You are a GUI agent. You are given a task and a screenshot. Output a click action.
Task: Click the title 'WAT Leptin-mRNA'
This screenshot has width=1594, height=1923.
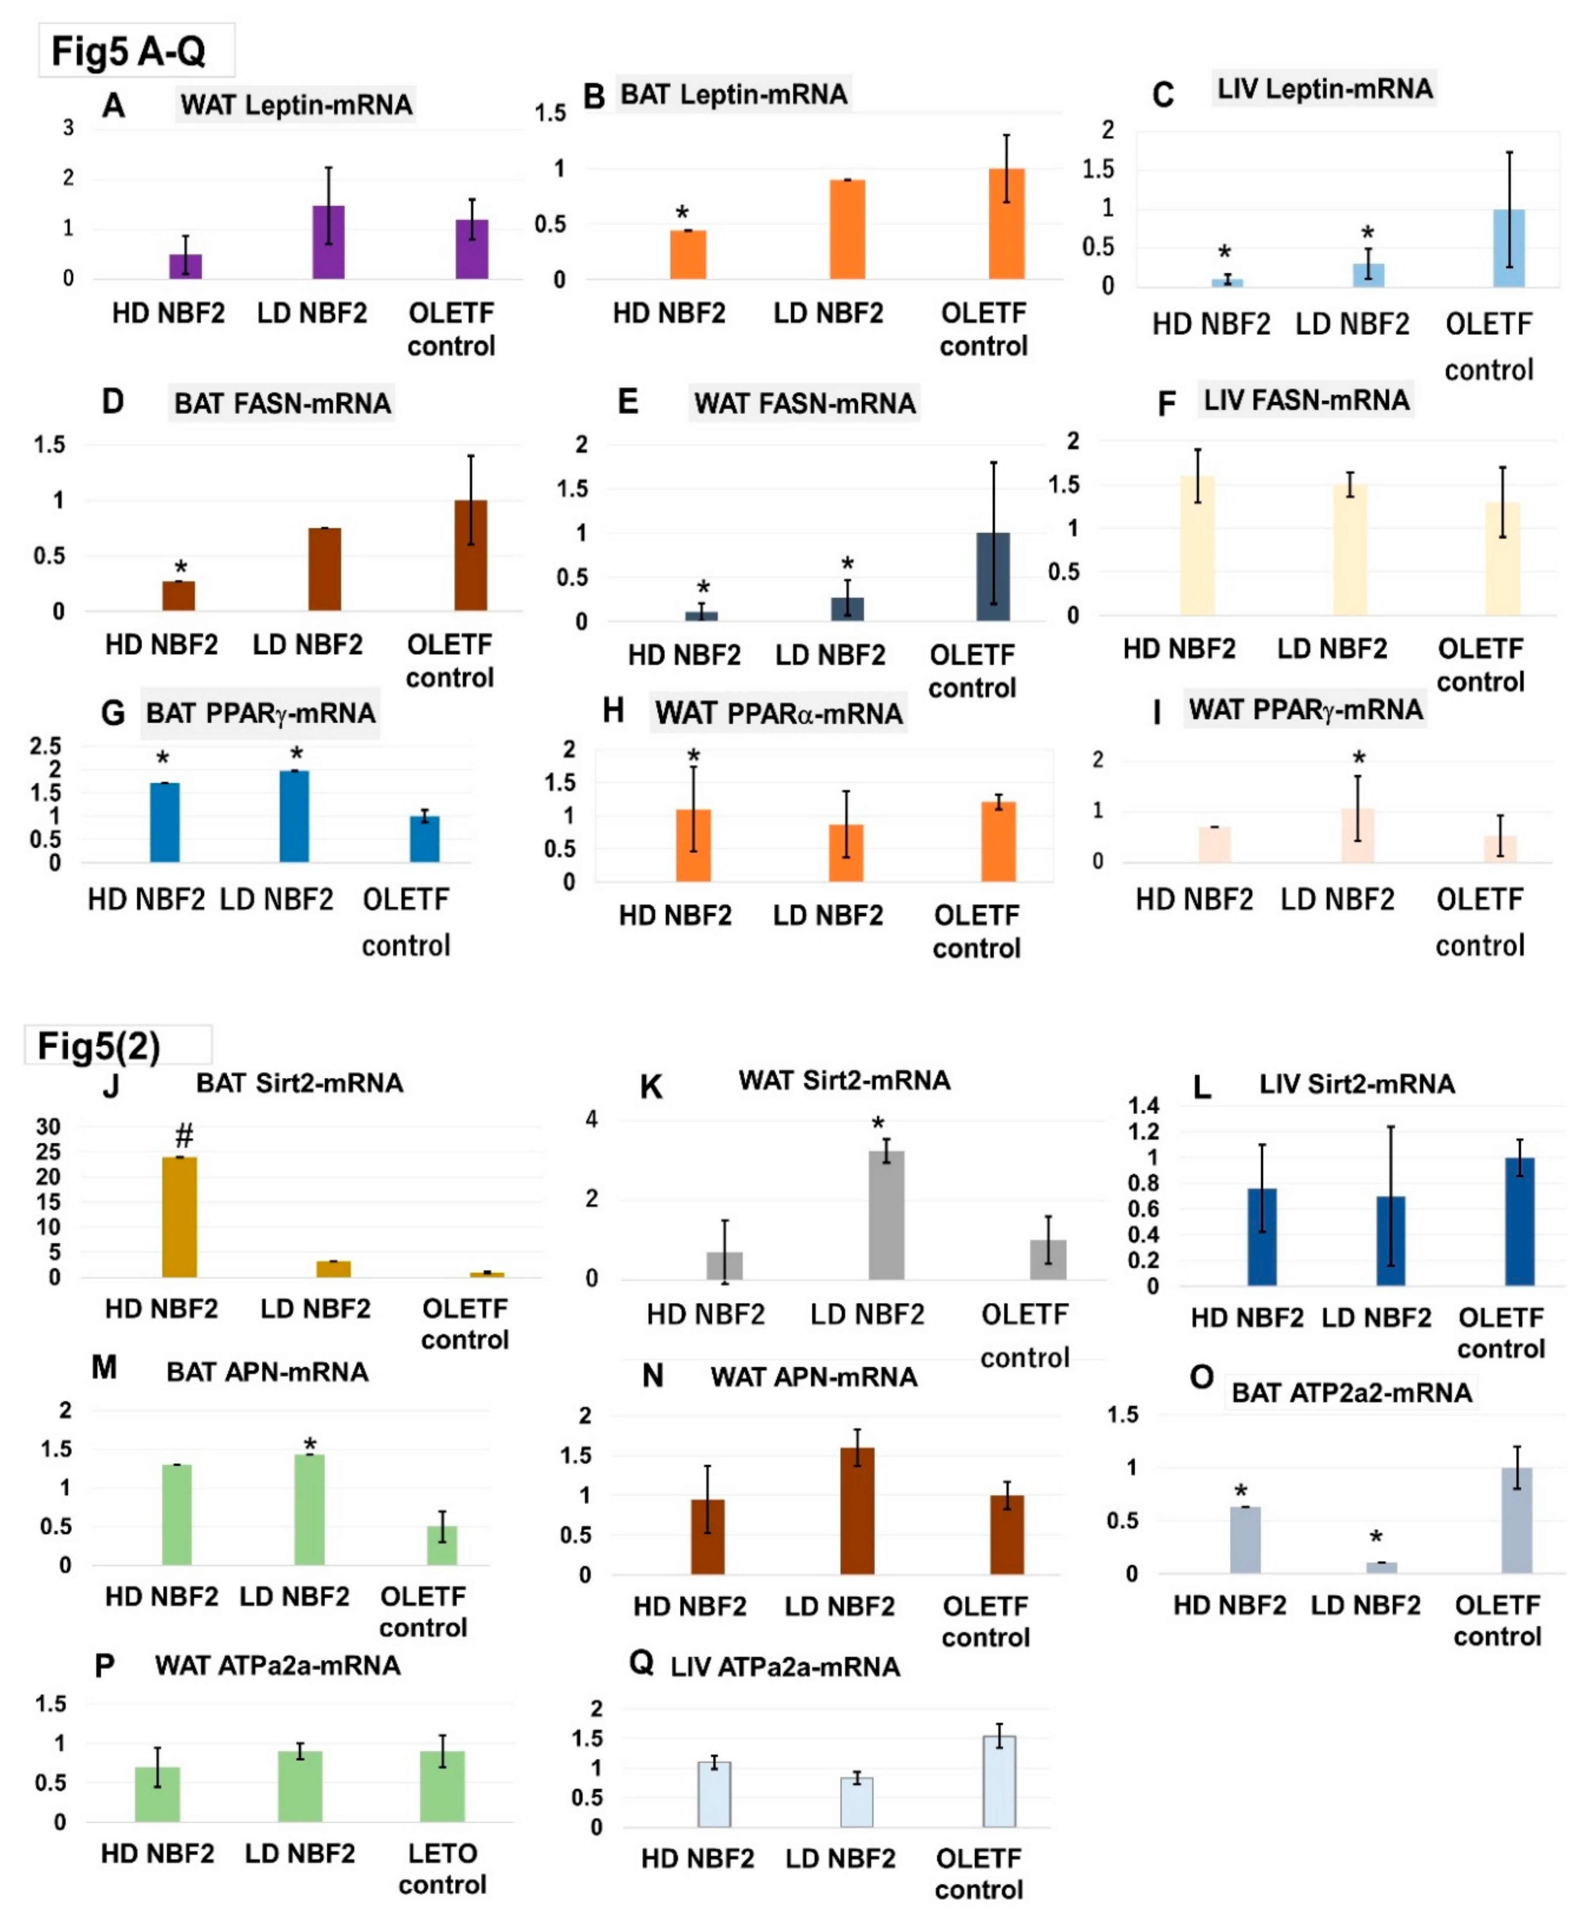click(x=296, y=104)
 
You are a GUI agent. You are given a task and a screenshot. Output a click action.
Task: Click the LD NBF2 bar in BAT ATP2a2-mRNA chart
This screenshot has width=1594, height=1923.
click(x=1382, y=1568)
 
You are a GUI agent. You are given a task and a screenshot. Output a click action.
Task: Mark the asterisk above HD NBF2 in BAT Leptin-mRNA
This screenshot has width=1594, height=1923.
click(x=682, y=213)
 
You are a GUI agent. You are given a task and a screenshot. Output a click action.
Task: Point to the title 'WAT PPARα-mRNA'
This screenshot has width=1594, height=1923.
click(x=779, y=714)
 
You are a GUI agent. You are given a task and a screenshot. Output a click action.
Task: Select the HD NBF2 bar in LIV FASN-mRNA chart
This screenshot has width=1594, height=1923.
click(x=1196, y=545)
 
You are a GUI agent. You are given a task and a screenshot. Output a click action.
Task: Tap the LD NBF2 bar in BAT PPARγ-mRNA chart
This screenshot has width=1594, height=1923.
click(x=294, y=816)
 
